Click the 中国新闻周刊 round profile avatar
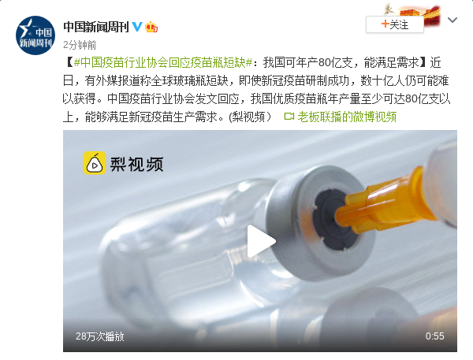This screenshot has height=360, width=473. coord(35,35)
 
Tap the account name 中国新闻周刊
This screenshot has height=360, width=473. coord(96,27)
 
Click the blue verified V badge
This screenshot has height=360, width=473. coord(137,27)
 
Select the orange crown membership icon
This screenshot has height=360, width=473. coord(151,27)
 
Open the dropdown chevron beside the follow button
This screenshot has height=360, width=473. coord(453,20)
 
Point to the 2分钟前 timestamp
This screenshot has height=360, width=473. coord(80,45)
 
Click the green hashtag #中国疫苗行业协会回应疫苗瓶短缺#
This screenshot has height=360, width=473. coord(163,63)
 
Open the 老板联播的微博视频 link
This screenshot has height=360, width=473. coord(347,117)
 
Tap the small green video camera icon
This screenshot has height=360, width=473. coord(289,117)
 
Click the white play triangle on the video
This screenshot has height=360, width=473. coord(260,242)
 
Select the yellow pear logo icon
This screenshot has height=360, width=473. coord(95,163)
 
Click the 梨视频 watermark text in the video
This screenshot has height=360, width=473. coord(136,165)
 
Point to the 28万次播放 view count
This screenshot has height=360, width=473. coord(100,336)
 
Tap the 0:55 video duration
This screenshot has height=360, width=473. coord(434,336)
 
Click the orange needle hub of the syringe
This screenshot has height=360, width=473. coord(383,202)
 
